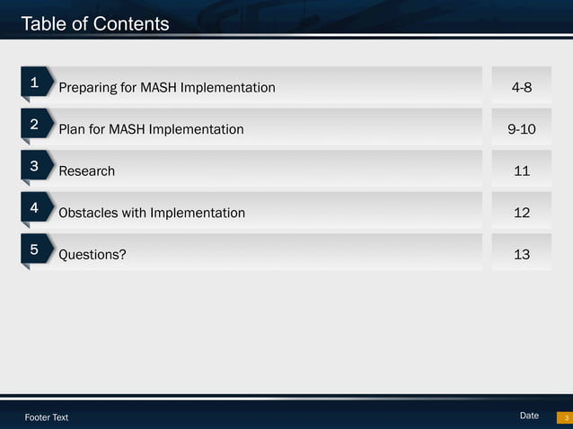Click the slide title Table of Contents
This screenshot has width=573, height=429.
coord(94,24)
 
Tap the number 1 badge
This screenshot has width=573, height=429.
coord(34,83)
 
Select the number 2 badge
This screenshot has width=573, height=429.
coord(34,125)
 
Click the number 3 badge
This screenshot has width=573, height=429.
coord(34,166)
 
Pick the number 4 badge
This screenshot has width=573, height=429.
coord(34,208)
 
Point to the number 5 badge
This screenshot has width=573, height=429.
coord(34,250)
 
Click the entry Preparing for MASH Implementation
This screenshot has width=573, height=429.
coord(167,88)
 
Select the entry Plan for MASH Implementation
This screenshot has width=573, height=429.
coord(151,129)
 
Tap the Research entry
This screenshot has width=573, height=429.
coord(86,171)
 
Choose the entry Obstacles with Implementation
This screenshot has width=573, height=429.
coord(152,213)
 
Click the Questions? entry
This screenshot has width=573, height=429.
coord(93,255)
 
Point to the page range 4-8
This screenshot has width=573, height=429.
coord(521,88)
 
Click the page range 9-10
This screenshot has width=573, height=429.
coord(521,129)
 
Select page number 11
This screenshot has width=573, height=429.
coord(521,171)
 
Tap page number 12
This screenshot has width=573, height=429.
coord(521,213)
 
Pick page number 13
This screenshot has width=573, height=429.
coord(521,255)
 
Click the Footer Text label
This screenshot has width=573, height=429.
coord(47,417)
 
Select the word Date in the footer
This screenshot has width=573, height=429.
coord(529,416)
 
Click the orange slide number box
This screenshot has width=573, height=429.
coord(565,417)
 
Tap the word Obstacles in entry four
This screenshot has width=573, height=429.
coord(87,213)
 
